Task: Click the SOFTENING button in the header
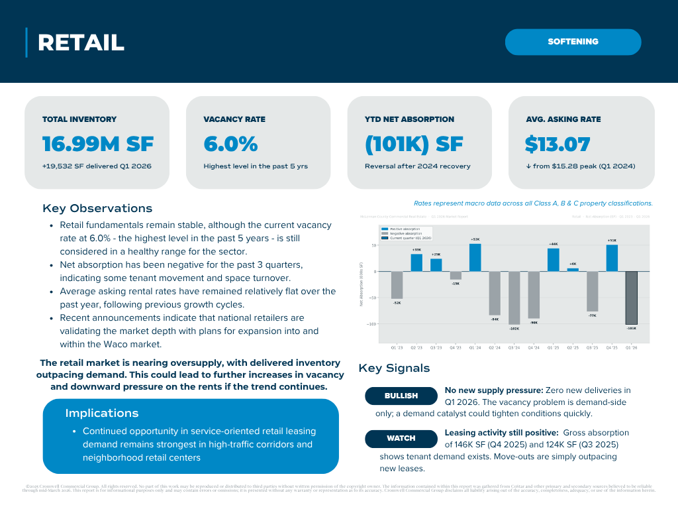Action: point(573,42)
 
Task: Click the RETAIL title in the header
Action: point(81,43)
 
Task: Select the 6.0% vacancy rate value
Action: point(230,144)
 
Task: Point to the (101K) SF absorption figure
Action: point(414,144)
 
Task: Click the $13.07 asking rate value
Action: point(557,144)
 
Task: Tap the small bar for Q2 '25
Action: point(573,270)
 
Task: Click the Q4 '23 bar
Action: point(456,275)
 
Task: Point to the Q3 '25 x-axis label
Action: point(592,347)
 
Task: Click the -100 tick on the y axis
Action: point(373,324)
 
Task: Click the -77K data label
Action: point(592,315)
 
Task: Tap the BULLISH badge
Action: point(401,396)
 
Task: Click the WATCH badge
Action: point(401,438)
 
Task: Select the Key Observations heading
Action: point(97,209)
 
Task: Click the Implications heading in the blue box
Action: point(102,414)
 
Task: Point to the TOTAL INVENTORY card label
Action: point(79,119)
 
